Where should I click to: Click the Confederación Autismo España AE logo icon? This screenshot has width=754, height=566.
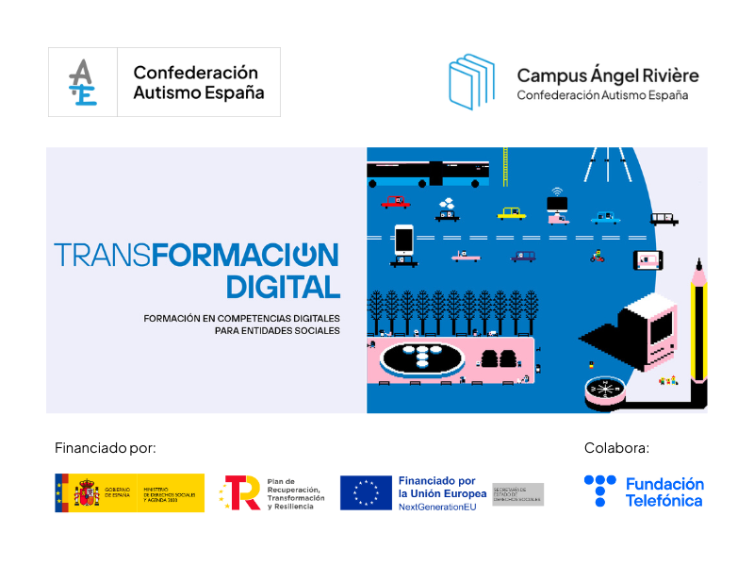(83, 82)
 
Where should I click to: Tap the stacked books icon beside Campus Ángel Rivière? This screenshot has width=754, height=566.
(471, 82)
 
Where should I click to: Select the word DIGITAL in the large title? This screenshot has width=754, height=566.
(283, 287)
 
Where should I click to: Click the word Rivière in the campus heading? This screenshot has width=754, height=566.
(665, 75)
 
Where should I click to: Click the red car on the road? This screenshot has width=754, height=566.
(395, 202)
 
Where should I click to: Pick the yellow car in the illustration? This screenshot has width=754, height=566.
(511, 213)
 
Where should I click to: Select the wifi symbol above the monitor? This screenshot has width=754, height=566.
(556, 190)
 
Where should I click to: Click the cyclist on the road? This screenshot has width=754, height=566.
(597, 255)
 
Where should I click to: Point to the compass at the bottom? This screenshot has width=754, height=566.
(603, 388)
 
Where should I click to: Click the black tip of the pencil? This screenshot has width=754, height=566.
(698, 263)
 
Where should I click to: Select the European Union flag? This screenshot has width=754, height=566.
(366, 492)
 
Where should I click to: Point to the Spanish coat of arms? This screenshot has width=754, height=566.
(86, 492)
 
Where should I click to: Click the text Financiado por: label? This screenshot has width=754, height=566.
(105, 447)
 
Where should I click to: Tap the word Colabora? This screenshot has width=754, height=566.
(616, 447)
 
